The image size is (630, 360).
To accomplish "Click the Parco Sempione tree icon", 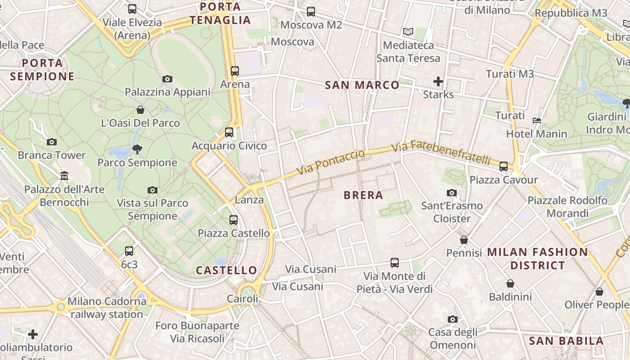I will tap(137, 149).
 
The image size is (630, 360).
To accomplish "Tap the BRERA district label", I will tap(363, 195).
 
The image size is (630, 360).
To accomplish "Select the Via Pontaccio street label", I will tap(331, 163).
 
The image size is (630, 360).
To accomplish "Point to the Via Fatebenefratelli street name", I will tap(441, 153).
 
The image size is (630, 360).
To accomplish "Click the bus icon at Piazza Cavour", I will tap(504, 166).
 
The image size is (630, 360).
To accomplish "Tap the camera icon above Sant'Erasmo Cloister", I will tap(451, 193).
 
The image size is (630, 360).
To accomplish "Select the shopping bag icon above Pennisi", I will tap(464, 240).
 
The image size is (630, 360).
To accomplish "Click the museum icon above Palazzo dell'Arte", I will tap(64, 175).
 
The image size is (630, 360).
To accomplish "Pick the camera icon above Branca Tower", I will tap(52, 142).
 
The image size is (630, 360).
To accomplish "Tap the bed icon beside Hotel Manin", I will tap(537, 120).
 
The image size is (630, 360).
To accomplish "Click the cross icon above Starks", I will tap(438, 81).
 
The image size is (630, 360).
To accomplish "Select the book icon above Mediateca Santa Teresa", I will tap(408, 32).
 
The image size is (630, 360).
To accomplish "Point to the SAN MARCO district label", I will tap(362, 85).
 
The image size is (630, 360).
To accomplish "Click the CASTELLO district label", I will tap(227, 270).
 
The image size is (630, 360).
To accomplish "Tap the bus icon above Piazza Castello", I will tap(234, 220).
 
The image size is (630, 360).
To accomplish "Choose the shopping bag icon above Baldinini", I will tap(510, 283).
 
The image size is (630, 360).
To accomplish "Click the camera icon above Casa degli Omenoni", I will tap(453, 319).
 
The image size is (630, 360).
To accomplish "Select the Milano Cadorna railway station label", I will tap(107, 308).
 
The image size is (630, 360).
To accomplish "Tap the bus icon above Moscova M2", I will tap(311, 12).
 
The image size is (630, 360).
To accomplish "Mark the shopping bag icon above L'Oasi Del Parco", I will tap(140, 110).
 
